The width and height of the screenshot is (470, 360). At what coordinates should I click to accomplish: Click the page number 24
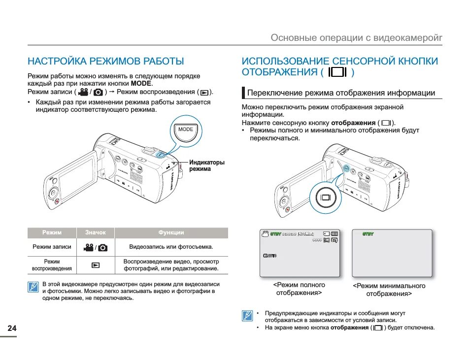[12, 328]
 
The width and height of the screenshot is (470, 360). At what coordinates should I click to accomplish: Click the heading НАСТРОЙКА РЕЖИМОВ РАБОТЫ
[105, 61]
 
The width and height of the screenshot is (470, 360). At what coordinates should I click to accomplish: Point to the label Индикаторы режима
[207, 165]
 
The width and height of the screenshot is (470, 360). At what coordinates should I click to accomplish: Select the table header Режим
[52, 233]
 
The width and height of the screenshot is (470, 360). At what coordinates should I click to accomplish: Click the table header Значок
[96, 233]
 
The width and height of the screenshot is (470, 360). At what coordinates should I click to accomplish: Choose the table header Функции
[171, 233]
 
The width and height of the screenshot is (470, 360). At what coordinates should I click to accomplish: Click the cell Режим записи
[52, 247]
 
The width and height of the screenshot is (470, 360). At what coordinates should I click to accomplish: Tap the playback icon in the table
[96, 265]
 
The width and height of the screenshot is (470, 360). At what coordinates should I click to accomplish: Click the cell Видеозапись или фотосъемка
[171, 247]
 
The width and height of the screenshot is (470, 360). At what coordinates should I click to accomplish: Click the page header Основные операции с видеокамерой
[356, 37]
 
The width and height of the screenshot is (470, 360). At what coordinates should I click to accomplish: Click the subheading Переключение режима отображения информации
[341, 93]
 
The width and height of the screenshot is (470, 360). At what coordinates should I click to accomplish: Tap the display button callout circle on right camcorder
[326, 197]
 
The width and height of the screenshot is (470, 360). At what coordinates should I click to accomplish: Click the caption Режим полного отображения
[299, 289]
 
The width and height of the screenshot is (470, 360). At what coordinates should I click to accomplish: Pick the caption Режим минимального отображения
[389, 290]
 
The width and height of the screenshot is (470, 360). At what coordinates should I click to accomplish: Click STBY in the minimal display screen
[368, 234]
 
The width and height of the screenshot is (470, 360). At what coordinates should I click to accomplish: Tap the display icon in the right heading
[337, 72]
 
